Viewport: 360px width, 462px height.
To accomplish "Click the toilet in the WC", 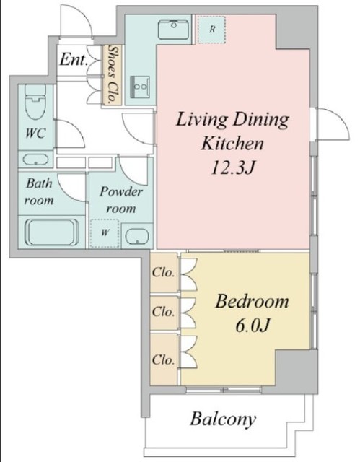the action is tap(35, 101).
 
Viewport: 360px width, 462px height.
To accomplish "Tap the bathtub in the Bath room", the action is tap(52, 232).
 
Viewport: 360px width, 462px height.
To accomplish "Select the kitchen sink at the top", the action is tap(173, 30).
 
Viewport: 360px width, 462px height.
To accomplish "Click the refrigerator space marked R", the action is tap(211, 30).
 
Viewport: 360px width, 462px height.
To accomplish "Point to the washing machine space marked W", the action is tap(105, 232).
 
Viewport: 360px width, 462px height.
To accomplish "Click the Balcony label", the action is tap(223, 419).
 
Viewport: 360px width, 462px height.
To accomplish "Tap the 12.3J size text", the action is tap(232, 168).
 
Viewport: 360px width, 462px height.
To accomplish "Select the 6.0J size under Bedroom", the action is tap(253, 325).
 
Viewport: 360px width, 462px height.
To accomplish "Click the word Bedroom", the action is tap(252, 302).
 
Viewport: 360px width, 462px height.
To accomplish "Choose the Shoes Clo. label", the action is tap(112, 75).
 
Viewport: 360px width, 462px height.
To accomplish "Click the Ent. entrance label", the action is tap(74, 60).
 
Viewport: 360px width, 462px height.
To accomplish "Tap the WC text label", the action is tap(35, 133).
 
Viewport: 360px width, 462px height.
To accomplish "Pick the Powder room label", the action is tap(120, 200).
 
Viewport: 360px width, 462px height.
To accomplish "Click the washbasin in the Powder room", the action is tap(137, 236).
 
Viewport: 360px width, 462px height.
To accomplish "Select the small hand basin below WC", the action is tap(35, 160).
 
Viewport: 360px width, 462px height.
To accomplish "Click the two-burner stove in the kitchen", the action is tap(140, 87).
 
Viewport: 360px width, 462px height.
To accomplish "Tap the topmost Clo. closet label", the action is tap(163, 273).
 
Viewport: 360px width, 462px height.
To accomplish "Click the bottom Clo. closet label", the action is tap(163, 359).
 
